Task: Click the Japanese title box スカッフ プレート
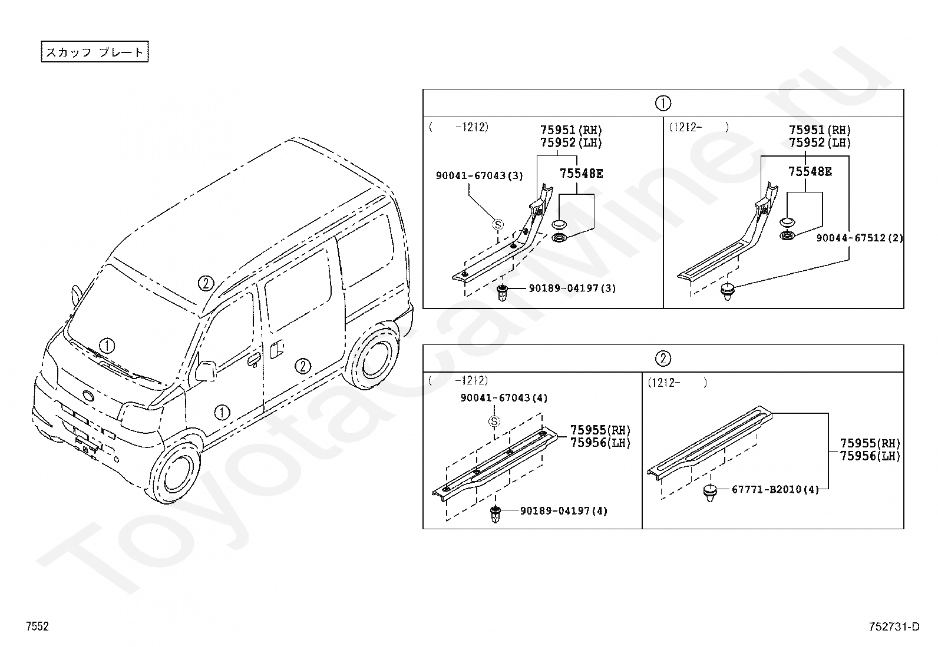[95, 51]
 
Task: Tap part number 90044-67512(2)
[859, 238]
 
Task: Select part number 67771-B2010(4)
[775, 489]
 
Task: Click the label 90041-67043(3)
[480, 175]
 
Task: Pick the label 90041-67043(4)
[504, 397]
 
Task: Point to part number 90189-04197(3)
[572, 288]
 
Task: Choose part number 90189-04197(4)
[564, 510]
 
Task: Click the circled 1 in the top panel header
[663, 103]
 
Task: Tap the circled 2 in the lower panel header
[663, 359]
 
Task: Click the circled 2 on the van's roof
[206, 283]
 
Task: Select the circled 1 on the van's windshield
[107, 346]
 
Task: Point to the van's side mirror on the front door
[206, 370]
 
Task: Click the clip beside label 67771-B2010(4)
[710, 493]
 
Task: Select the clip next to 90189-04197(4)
[496, 515]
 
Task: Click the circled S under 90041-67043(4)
[494, 421]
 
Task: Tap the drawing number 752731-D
[894, 626]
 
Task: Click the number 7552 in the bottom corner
[37, 626]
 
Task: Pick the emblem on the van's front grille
[88, 396]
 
